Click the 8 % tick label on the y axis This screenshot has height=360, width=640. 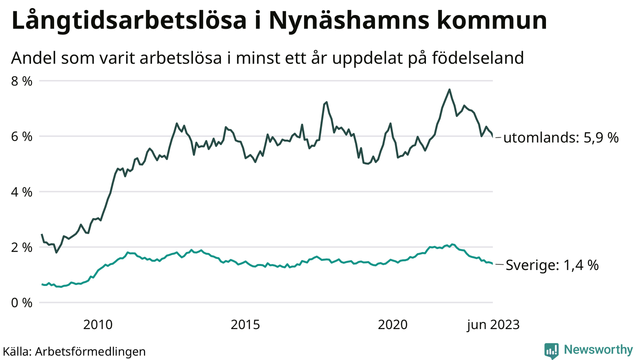point(21,80)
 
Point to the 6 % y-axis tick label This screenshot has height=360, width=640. point(21,136)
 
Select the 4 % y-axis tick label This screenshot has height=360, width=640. point(21,191)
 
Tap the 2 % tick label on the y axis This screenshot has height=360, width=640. point(21,247)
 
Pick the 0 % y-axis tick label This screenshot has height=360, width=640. point(21,302)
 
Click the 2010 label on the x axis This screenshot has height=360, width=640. point(98,325)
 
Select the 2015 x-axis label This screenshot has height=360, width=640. point(245,325)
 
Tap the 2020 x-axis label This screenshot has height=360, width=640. point(393,325)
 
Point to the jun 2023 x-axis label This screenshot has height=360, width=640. point(493,325)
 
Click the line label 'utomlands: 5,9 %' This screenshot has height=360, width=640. point(560,137)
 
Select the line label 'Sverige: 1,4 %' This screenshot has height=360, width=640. point(552,265)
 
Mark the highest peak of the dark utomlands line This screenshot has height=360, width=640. point(449,90)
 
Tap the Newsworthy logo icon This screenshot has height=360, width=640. point(551,350)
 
